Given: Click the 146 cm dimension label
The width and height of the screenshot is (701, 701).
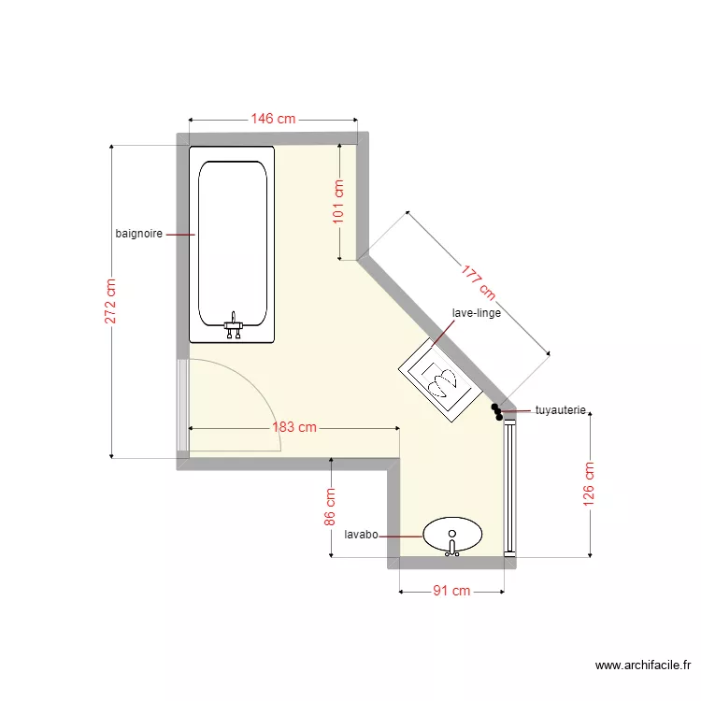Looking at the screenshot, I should click(272, 119).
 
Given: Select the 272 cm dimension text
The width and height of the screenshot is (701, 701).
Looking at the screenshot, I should click(110, 302).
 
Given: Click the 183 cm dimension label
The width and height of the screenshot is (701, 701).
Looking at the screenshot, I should click(294, 427).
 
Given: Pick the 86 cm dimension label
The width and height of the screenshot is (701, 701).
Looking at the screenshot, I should click(330, 508).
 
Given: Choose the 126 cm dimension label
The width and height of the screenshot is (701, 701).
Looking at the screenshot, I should click(589, 485).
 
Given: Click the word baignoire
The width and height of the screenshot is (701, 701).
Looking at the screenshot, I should click(139, 234).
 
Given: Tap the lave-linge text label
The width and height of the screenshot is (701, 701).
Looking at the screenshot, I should click(476, 313).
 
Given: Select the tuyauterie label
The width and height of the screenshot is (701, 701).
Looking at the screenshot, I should click(560, 409).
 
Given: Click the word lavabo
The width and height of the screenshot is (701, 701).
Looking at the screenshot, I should click(361, 536).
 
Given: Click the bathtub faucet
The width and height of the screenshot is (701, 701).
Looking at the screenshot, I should click(234, 326).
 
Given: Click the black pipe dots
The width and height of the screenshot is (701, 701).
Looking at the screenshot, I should click(497, 410).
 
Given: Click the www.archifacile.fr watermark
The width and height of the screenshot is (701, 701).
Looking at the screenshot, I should click(643, 665).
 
